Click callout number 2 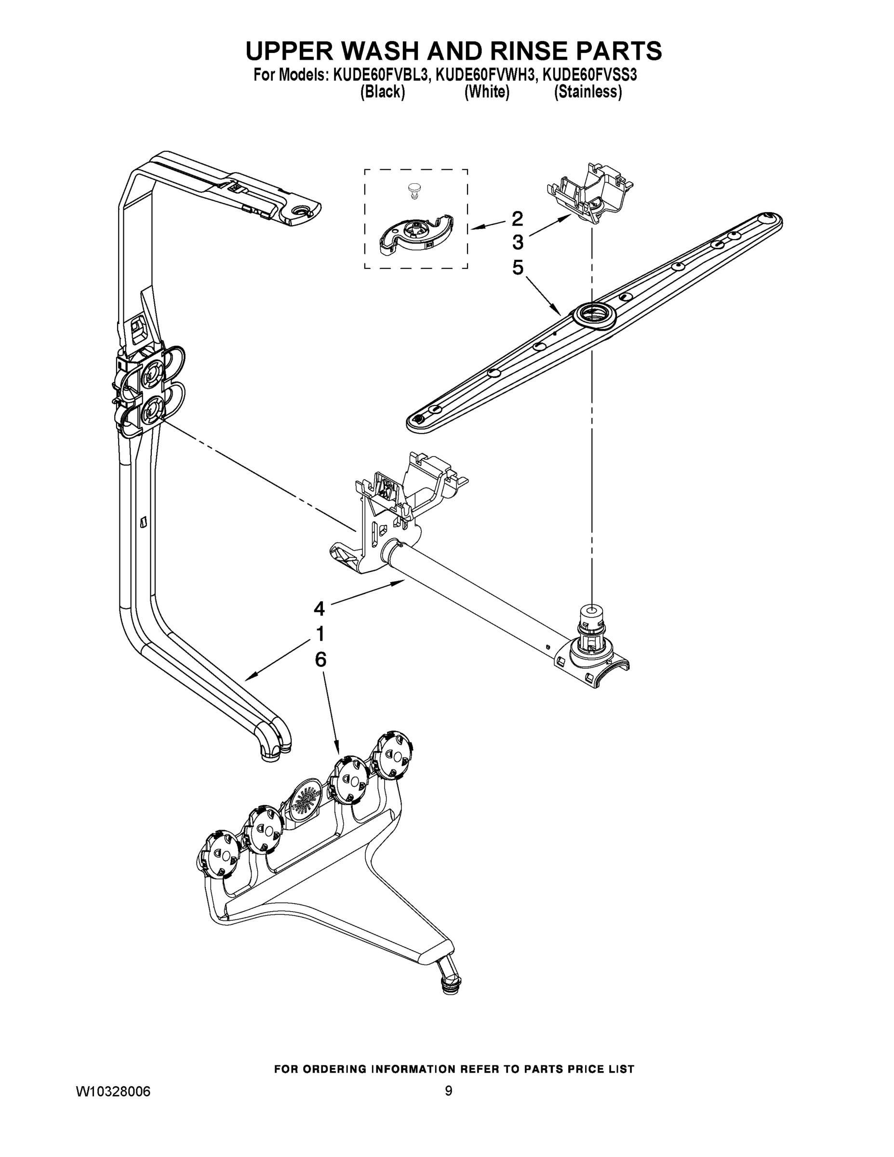518,218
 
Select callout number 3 518,242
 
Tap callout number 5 518,268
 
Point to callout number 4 319,609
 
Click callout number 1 320,633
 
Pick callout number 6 320,659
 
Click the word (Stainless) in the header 587,92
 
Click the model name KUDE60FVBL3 379,75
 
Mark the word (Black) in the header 382,92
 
